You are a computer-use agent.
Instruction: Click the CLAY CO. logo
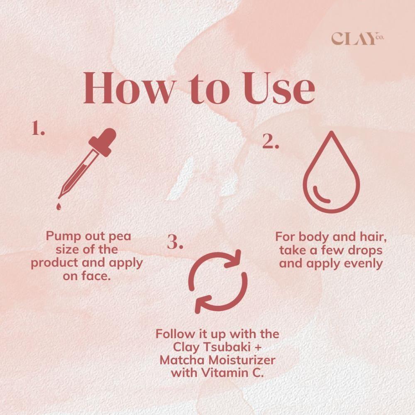[358, 39]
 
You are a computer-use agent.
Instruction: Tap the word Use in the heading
[279, 88]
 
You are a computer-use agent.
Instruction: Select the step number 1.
[38, 128]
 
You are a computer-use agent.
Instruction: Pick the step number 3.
[175, 242]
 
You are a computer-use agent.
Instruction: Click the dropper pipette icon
[87, 168]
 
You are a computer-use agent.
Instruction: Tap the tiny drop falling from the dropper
[59, 206]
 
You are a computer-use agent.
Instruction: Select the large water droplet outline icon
[331, 172]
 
